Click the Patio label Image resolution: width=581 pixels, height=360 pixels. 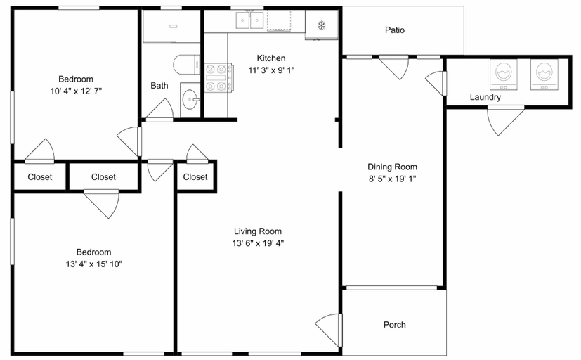(x=395, y=30)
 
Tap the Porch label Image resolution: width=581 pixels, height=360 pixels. (x=395, y=325)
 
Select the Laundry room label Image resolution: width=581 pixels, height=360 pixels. (x=485, y=97)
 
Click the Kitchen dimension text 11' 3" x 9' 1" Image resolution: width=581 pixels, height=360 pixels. (x=271, y=70)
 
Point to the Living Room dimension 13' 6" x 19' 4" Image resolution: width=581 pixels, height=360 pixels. (x=259, y=243)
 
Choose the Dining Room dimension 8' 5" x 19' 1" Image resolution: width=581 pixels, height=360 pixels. (x=392, y=179)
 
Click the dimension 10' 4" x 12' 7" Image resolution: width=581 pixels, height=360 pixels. (x=76, y=91)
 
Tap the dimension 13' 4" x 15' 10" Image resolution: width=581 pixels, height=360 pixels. (x=93, y=264)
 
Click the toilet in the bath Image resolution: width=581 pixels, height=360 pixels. (x=186, y=65)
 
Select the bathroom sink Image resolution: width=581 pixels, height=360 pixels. (x=190, y=99)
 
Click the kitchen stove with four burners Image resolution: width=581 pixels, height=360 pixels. (x=218, y=77)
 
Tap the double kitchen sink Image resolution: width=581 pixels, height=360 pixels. (x=249, y=20)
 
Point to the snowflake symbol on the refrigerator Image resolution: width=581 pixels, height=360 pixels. (x=321, y=25)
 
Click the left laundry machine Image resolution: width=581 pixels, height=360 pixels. (x=504, y=74)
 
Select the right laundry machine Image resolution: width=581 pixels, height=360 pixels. (x=544, y=74)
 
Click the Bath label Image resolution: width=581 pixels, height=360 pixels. (x=159, y=86)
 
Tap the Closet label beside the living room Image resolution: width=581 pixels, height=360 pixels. (x=195, y=177)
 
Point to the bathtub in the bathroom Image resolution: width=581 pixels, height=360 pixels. (x=171, y=26)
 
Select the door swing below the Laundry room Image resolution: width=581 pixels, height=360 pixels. (x=503, y=120)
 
